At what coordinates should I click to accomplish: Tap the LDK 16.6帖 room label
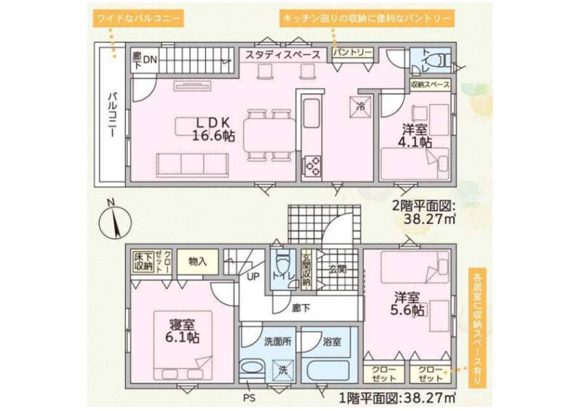coord(213,129)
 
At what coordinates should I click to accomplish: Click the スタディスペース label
coord(283,55)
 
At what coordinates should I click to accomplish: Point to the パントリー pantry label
coord(352,52)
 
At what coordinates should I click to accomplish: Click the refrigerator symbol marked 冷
coord(360,107)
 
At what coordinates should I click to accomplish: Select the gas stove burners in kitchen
coord(311,167)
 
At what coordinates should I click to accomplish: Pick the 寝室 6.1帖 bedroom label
coord(183,332)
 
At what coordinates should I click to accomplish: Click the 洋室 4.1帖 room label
coord(415,136)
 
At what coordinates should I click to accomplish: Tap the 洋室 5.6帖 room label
coord(407,304)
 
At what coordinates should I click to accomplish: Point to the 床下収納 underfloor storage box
coord(143,261)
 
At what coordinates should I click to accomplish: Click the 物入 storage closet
coord(197,262)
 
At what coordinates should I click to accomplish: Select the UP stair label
coord(253,276)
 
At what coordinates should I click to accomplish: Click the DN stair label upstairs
coord(150,60)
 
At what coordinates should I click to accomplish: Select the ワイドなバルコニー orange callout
coord(138,17)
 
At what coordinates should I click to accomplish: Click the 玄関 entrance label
coord(338,270)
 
